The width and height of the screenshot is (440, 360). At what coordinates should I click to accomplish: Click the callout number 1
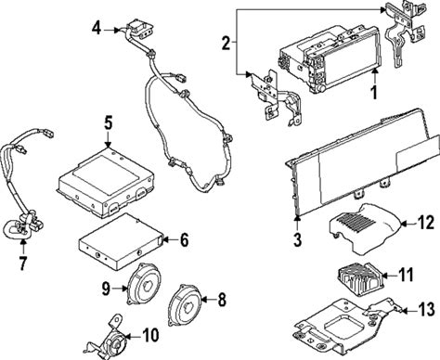(374, 92)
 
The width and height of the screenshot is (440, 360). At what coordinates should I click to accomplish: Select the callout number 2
(226, 43)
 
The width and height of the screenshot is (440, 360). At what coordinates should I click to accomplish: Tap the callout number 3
(297, 238)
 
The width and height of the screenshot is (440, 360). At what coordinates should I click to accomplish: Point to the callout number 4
(97, 29)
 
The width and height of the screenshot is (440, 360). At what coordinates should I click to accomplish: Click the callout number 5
(108, 123)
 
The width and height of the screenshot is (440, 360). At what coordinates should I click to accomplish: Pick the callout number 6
(185, 239)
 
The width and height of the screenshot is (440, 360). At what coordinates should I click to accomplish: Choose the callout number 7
(23, 264)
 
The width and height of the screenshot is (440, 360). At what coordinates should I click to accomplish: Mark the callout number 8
(222, 300)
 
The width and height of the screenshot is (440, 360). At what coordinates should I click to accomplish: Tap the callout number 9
(106, 289)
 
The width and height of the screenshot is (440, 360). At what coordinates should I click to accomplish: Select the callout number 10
(150, 335)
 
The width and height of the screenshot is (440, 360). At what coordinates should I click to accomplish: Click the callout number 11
(406, 275)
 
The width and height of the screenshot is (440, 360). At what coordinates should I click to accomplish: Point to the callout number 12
(426, 223)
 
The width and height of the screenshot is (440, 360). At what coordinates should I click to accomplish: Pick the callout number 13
(427, 309)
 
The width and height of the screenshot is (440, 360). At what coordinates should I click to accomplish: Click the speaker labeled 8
(185, 305)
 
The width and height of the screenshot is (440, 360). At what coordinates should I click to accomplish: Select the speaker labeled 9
(144, 284)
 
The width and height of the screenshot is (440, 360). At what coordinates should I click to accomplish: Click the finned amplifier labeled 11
(360, 276)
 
